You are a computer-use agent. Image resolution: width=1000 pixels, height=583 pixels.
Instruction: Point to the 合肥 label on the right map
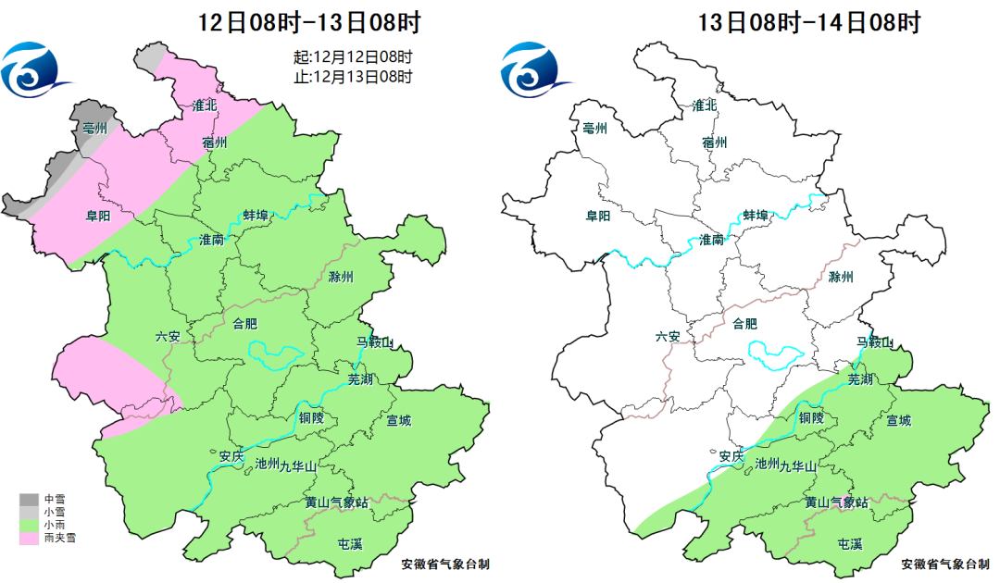pos(744,323)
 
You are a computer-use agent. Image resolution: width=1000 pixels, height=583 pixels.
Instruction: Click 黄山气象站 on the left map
pos(337,502)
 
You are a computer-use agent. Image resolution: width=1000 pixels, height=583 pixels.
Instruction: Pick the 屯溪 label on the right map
pos(849,543)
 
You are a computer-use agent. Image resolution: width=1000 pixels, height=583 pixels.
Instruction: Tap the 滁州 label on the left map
pos(341,277)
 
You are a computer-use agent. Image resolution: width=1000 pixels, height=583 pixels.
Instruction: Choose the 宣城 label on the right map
pos(898,421)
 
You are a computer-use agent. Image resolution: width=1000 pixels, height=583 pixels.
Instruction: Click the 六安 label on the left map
pos(168,337)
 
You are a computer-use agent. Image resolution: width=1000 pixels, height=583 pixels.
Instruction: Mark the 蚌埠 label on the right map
pos(756,215)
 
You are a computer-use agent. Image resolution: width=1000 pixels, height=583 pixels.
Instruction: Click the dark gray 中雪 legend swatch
pos(26,500)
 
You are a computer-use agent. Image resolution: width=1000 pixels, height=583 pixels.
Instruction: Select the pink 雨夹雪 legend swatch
pos(26,538)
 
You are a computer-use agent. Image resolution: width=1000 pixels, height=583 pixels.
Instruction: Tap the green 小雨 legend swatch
pos(26,525)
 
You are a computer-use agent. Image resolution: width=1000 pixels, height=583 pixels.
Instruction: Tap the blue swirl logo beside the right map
pos(533,69)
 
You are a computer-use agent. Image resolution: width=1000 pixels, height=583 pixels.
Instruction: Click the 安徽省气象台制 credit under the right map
pos(944,564)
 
